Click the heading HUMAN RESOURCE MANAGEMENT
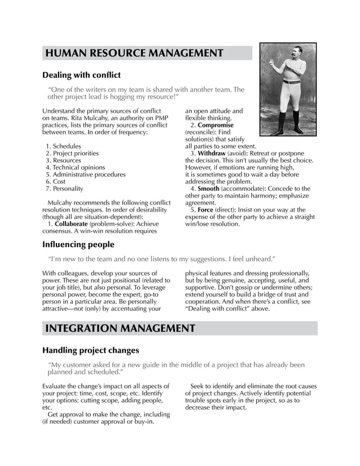pos(134,54)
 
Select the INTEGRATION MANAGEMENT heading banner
pos(120,328)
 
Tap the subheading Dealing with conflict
pos(82,74)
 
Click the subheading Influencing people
pos(78,244)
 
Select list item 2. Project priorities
pos(72,153)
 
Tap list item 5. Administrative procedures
pos(85,174)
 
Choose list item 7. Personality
pos(64,188)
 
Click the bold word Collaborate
pos(71,224)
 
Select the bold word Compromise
pos(216,125)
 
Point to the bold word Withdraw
pos(212,153)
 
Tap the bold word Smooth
pos(208,188)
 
